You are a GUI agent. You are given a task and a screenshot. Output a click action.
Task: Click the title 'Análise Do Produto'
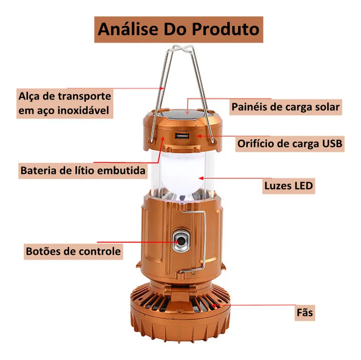click(x=179, y=29)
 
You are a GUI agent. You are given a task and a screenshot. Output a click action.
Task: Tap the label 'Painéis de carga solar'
click(x=285, y=107)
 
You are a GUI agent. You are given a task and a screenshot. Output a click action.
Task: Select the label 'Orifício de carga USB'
click(x=290, y=144)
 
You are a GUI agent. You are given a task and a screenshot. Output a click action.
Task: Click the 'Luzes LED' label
click(x=289, y=186)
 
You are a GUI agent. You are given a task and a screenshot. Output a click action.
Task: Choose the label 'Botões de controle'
click(x=72, y=252)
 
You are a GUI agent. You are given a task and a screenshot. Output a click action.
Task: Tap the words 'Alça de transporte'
click(x=64, y=96)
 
